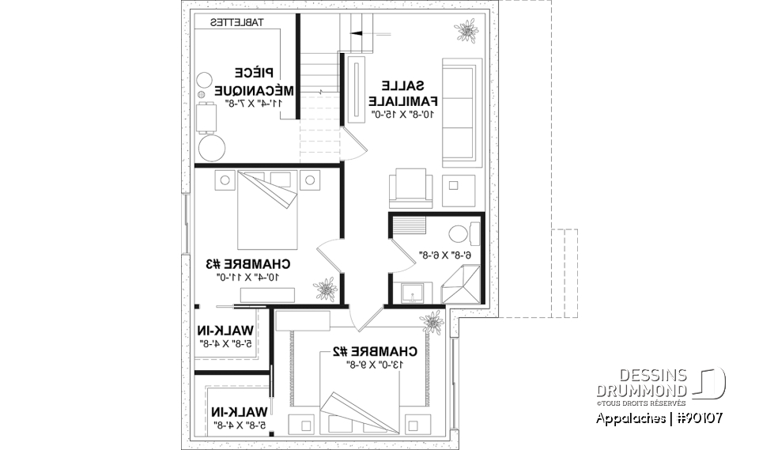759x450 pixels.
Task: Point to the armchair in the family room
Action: click(x=411, y=187)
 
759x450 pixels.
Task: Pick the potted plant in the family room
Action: click(x=466, y=32)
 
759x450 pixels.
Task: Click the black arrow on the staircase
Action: click(x=357, y=34)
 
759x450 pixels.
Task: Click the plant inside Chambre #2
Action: click(x=432, y=321)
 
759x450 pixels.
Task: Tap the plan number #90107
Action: click(x=697, y=418)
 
